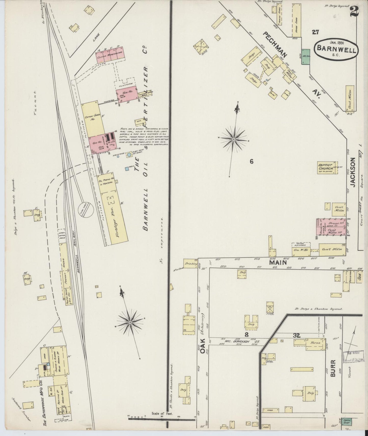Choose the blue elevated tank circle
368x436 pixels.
tap(129, 155)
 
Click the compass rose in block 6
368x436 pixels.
tap(234, 139)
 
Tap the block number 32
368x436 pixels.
tap(297, 336)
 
